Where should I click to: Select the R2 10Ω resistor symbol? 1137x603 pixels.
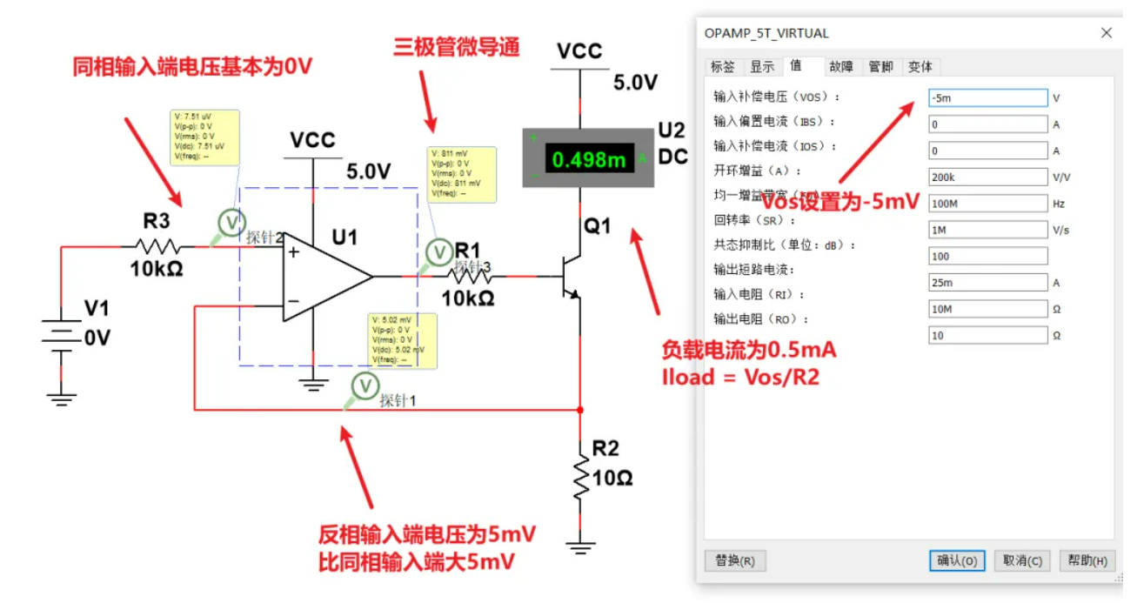point(580,479)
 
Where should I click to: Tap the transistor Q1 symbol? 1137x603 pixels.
point(569,277)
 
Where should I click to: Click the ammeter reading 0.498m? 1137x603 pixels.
point(589,159)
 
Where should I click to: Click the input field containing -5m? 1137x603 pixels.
point(987,98)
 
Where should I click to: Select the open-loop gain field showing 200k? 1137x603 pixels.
point(987,178)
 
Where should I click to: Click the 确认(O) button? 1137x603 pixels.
point(957,560)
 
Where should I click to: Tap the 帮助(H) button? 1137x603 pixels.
point(1087,560)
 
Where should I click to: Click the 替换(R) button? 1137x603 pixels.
point(735,560)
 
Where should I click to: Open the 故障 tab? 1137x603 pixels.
point(841,67)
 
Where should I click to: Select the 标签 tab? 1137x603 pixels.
point(723,67)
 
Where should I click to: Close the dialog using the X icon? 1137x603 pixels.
point(1107,33)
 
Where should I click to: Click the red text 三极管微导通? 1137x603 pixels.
point(457,47)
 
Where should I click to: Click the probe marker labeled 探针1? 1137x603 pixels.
point(365,385)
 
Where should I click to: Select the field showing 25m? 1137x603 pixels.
point(987,283)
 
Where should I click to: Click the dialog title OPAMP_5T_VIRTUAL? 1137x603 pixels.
point(766,33)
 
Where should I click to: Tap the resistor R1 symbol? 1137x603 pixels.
point(470,277)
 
